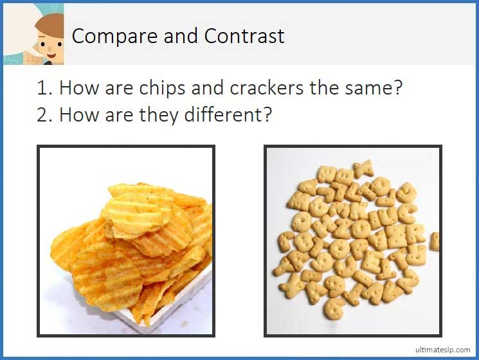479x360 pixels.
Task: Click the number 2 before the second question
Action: [x=43, y=116]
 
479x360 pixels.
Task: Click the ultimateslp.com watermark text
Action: [x=442, y=349]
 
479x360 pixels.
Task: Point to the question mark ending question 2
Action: [x=267, y=116]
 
